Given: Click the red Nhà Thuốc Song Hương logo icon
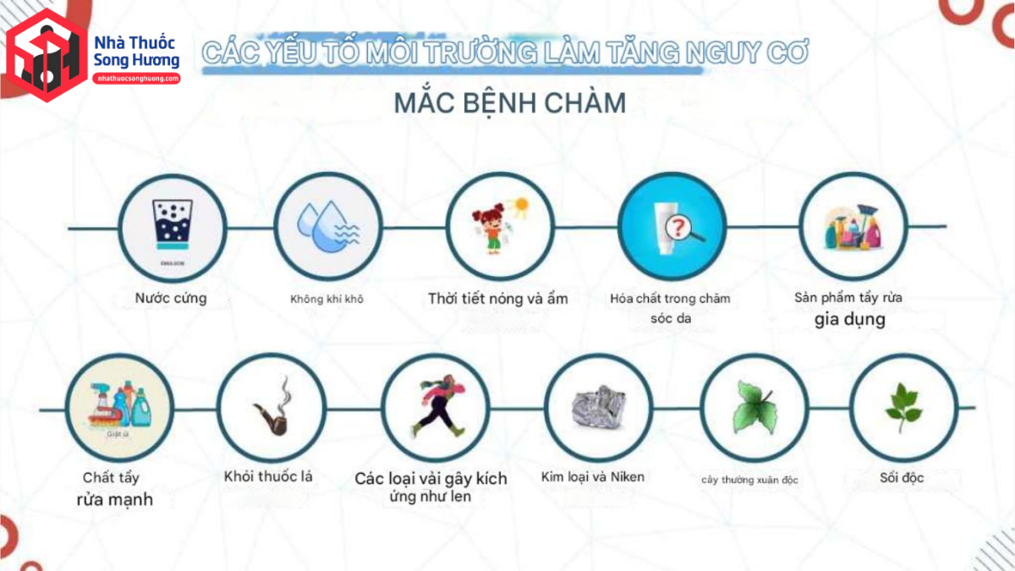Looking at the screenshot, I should pos(47,55).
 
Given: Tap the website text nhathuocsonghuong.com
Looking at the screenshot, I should pos(136,78).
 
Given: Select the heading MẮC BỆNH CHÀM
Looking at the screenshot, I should pos(510,103).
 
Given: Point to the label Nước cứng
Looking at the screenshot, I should pos(171,298).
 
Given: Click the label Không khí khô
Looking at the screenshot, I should pos(326,299).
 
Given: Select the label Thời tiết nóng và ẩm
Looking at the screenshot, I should pos(497,298).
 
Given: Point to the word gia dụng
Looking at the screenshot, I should pos(850,320).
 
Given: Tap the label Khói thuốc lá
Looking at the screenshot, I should pos(268,476).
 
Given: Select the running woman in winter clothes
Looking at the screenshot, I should pos(434,407).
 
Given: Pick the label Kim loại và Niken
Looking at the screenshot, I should pos(593,476).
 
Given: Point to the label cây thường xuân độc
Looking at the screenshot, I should pos(749,480).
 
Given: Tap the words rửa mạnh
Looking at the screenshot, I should pos(114,499).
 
